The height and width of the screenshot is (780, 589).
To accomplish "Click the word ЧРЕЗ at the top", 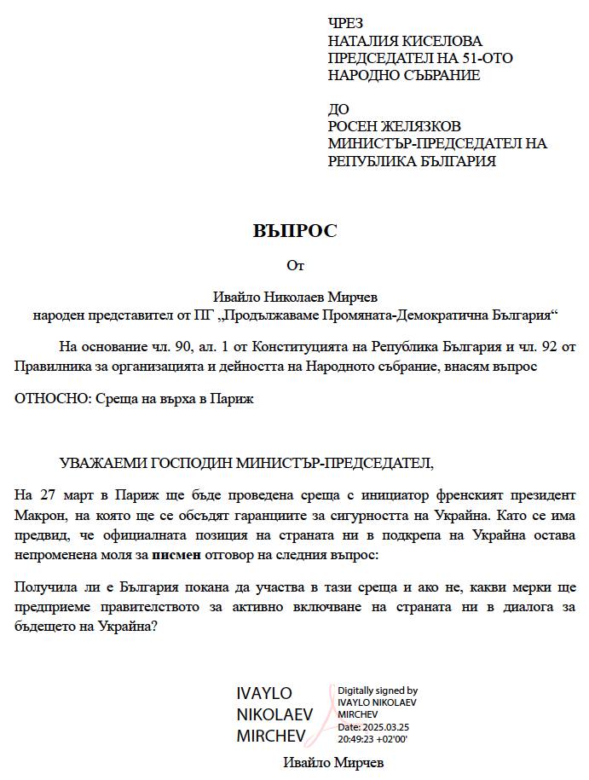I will tap(345, 24).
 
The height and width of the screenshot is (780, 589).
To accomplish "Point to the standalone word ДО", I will tap(338, 109).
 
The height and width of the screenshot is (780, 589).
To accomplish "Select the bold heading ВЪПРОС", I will tap(295, 231).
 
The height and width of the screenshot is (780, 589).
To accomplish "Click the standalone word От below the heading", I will tap(295, 265).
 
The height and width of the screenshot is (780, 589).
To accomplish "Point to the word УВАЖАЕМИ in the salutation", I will tap(102, 463).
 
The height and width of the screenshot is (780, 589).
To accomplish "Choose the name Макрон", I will tap(38, 516).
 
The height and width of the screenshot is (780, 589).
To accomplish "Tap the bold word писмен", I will tap(176, 554).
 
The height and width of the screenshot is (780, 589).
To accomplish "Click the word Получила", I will tap(46, 587).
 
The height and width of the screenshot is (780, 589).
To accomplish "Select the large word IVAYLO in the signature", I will tap(264, 694).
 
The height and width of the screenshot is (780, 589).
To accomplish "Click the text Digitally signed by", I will tap(378, 690).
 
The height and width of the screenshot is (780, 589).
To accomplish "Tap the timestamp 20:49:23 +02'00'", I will tap(372, 738).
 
